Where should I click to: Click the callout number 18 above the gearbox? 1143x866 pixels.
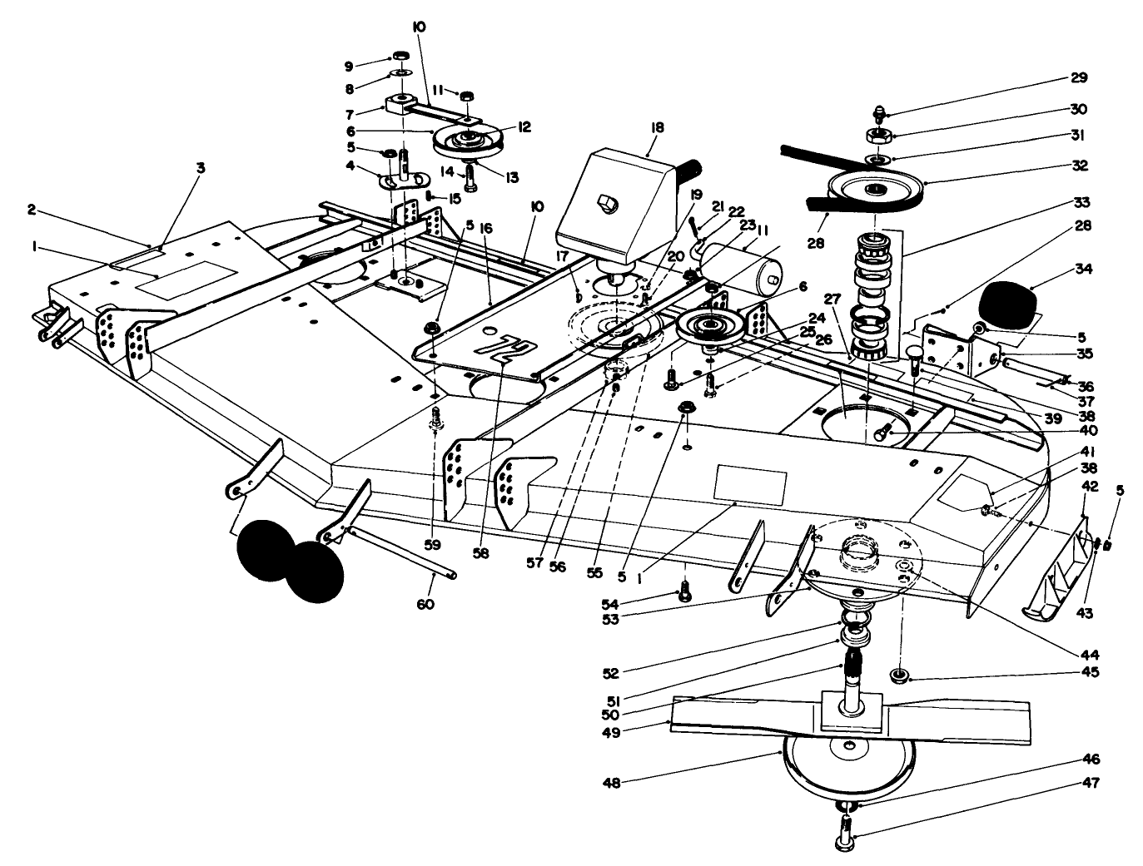tap(658, 127)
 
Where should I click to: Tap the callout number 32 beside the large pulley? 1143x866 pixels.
tap(1080, 166)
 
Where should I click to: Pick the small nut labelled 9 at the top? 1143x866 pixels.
tap(400, 57)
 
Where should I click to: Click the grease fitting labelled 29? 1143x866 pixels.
tap(880, 111)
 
